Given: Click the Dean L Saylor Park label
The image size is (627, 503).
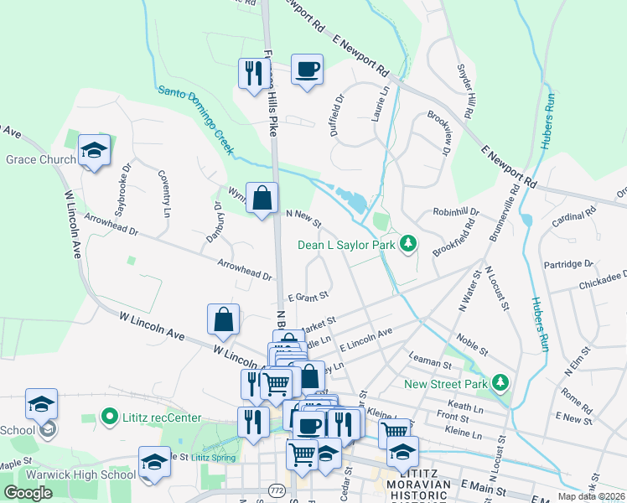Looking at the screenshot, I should click(x=349, y=245).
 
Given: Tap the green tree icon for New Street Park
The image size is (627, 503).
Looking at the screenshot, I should click(x=500, y=382).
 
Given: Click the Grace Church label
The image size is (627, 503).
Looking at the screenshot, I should click(x=40, y=159).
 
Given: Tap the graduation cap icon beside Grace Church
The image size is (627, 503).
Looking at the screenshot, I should click(x=94, y=151).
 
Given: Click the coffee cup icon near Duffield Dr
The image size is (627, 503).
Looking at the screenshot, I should click(x=308, y=69).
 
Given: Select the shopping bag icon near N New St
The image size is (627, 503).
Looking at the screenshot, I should click(x=262, y=199).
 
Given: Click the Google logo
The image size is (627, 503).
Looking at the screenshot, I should click(x=28, y=493).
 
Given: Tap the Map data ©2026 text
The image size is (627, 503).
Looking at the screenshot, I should click(x=590, y=496).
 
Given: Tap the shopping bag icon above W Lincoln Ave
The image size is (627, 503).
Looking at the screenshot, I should click(x=224, y=319).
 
